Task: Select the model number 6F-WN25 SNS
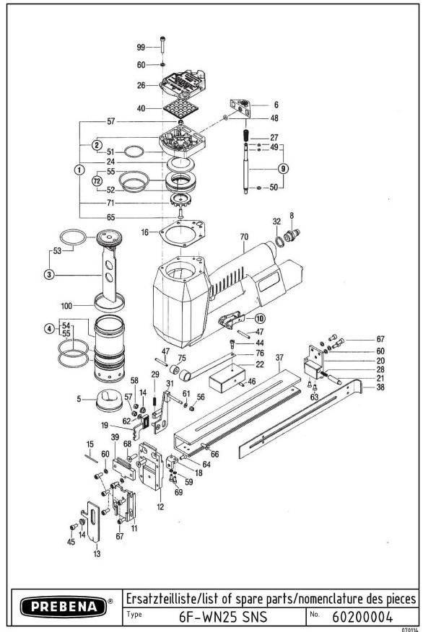point(222,617)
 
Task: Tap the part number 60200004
point(362,617)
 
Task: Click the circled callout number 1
point(79,170)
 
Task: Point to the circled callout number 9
point(284,168)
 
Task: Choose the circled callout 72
point(97,181)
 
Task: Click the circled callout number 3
point(49,275)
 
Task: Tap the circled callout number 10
point(260,318)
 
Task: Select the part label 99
point(141,47)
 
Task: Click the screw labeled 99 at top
point(163,44)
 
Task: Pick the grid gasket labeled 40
point(180,108)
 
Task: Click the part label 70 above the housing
point(245,237)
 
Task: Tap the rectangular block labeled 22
point(227,378)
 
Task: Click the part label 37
point(279,358)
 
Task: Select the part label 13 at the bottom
point(97,554)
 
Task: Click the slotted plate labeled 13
point(94,522)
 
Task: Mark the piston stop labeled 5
point(109,400)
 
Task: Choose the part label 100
point(66,306)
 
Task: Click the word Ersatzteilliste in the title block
point(160,599)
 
